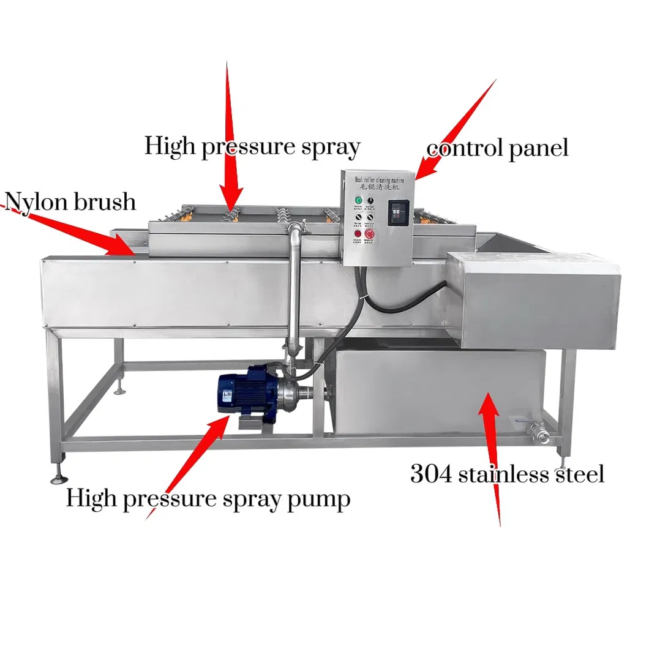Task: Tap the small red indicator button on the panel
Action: [x=357, y=233]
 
